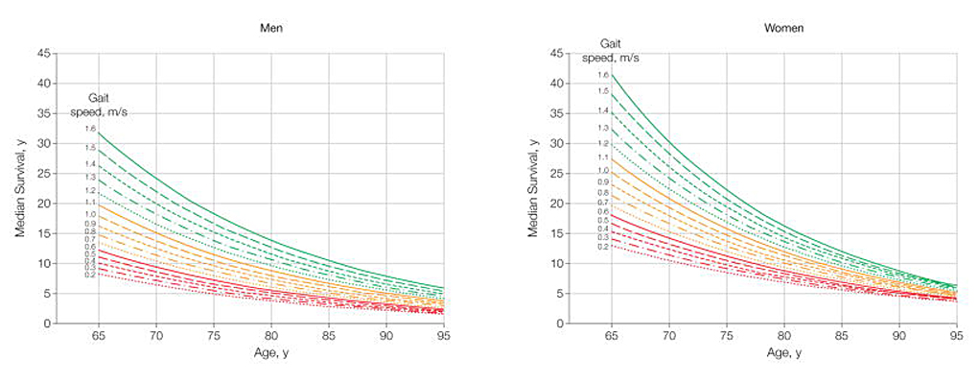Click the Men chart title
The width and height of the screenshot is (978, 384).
(x=270, y=28)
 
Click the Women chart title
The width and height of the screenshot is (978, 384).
(x=783, y=28)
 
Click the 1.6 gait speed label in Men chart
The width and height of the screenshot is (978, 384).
(x=89, y=129)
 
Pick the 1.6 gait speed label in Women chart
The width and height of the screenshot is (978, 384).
(x=603, y=74)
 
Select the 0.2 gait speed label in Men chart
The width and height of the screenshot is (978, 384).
(x=89, y=276)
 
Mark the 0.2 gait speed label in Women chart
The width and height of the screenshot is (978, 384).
(x=603, y=247)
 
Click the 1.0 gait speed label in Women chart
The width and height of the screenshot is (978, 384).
(x=603, y=170)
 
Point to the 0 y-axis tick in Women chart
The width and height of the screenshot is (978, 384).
(x=560, y=324)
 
